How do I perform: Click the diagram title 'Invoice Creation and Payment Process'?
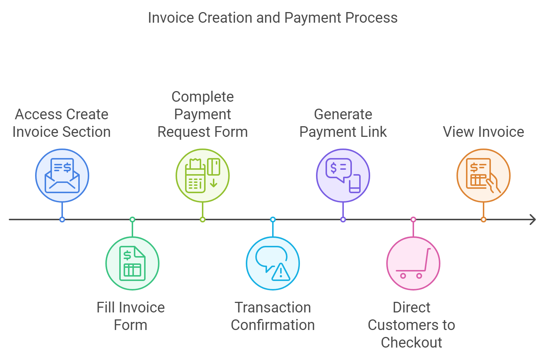[x=272, y=18]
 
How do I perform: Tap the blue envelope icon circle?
[x=62, y=176]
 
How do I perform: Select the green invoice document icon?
[x=132, y=263]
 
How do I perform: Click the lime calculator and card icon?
[x=203, y=176]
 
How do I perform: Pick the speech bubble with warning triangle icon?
[x=273, y=263]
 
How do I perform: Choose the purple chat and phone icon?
[x=343, y=176]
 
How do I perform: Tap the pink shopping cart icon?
[x=413, y=263]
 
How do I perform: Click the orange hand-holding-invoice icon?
[x=484, y=176]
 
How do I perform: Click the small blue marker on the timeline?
[x=62, y=220]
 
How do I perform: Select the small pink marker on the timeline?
[x=413, y=220]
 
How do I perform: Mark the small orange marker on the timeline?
[x=484, y=220]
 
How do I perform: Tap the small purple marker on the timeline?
[x=343, y=220]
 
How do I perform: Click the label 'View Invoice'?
[x=484, y=132]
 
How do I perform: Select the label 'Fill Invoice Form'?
[x=131, y=316]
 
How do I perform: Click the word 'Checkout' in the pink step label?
[x=411, y=342]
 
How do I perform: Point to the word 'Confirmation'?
[x=273, y=325]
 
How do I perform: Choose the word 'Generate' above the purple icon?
[x=343, y=114]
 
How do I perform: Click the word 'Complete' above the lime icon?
[x=203, y=97]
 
